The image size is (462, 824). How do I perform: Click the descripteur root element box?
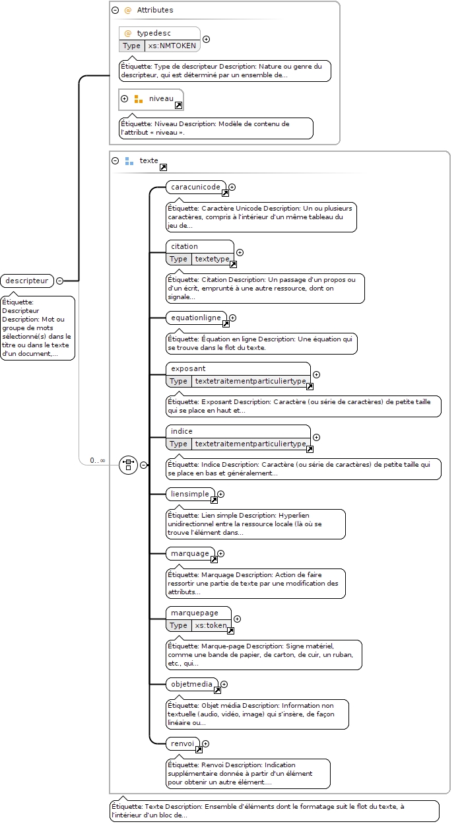27,281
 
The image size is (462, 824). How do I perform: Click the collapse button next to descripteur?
59,281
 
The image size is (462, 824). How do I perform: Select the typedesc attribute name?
154,33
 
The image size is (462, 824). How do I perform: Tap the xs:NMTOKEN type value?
172,46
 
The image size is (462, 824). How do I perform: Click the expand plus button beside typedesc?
207,39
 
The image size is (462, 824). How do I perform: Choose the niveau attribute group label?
161,98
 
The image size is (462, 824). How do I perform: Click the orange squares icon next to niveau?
139,99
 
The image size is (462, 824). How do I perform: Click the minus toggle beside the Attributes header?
115,11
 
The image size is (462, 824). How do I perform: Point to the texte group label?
149,160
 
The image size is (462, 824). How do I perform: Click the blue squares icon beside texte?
129,161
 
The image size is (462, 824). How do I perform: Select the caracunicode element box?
195,187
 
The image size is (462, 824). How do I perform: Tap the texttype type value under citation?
213,259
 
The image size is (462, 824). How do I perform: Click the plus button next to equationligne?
232,318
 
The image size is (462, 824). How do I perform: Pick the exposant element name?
188,368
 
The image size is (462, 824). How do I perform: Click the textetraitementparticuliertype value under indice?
251,444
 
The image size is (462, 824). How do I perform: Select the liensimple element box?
190,494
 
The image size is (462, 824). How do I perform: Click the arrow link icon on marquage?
214,559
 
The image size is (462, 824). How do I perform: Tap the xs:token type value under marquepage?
211,625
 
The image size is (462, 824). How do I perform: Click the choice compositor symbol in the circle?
129,465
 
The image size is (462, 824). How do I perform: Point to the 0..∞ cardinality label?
98,460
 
